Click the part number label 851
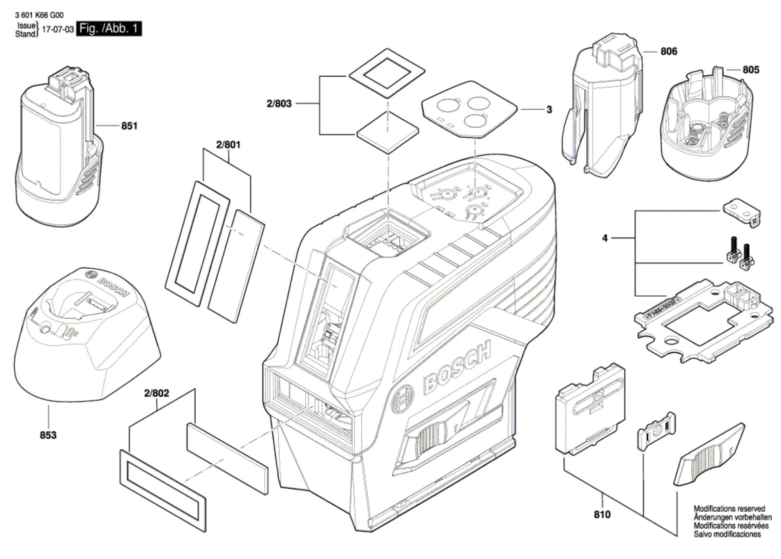pos(129,126)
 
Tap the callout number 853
pos(48,435)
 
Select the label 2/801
pos(228,145)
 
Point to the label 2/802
pos(157,393)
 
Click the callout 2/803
pos(279,104)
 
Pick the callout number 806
pos(669,51)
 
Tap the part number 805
pos(751,70)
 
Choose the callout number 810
pos(602,515)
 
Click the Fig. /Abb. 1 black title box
pos(109,28)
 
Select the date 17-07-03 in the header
pos(58,29)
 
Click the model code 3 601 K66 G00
pos(40,15)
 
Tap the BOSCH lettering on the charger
pos(112,286)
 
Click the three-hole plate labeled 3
pos(469,109)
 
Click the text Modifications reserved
pos(729,509)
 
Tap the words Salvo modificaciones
pos(727,534)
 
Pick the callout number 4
pos(605,238)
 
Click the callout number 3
pos(549,109)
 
